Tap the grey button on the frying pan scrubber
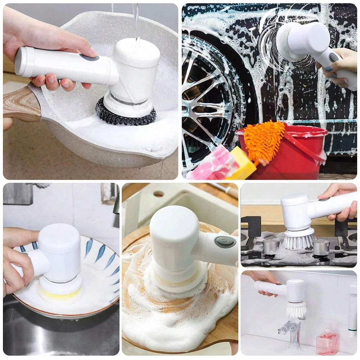tap(88, 57)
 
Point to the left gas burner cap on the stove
tap(270, 246)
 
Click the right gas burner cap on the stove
tap(321, 247)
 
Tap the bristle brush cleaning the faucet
tap(296, 310)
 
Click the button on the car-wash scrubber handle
tap(334, 57)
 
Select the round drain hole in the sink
tap(159, 194)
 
